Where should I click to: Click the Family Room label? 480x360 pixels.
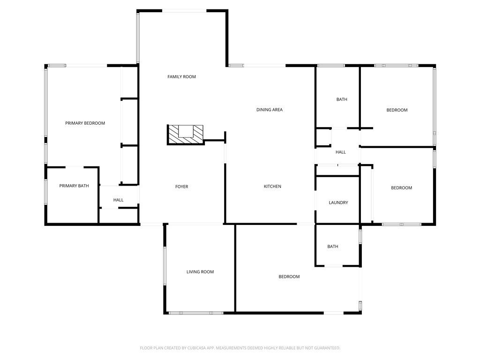click(x=181, y=76)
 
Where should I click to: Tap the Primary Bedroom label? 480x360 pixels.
click(x=85, y=123)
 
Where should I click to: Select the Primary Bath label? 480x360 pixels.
click(x=74, y=186)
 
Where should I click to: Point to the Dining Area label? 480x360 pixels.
click(x=269, y=110)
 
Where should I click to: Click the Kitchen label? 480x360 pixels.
click(x=272, y=187)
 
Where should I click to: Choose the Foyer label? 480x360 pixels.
click(x=181, y=187)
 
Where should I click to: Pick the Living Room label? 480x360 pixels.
click(x=200, y=272)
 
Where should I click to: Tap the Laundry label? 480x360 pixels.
click(x=338, y=203)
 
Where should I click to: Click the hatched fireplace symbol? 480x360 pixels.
click(x=186, y=134)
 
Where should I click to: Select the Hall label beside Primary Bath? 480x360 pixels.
click(x=118, y=200)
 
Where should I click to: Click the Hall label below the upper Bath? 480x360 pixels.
click(x=340, y=152)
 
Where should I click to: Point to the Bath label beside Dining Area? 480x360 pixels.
click(x=342, y=99)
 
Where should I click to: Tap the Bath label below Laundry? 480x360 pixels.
click(x=332, y=247)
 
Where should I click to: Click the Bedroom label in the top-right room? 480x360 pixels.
click(x=397, y=110)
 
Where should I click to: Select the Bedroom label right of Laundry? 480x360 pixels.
click(x=401, y=188)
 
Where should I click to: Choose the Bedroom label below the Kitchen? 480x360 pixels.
click(x=289, y=277)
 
